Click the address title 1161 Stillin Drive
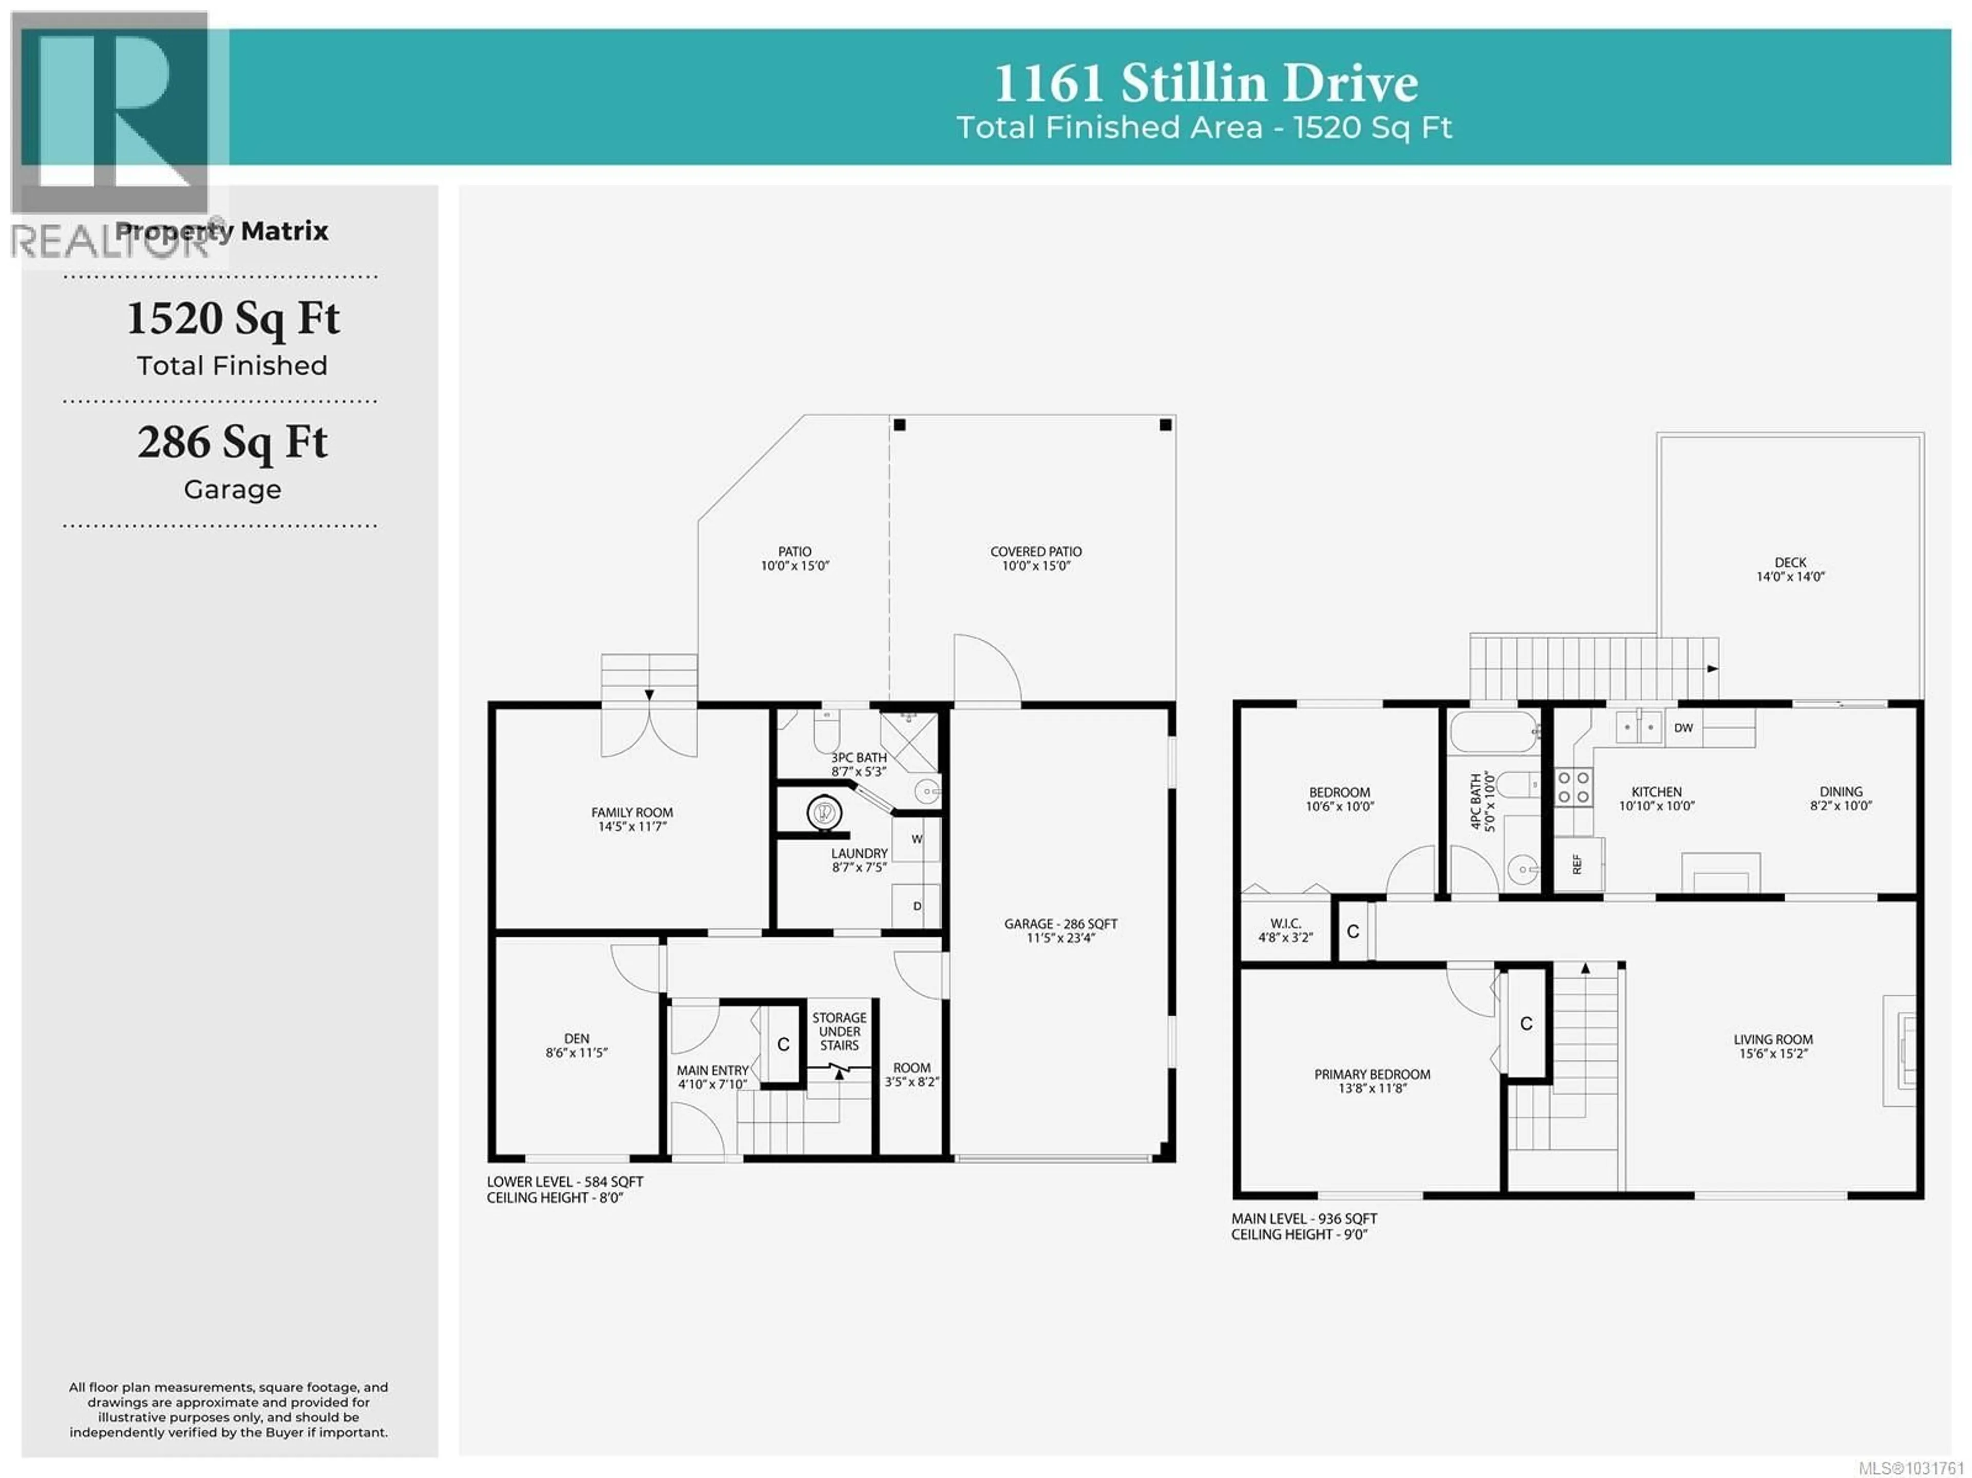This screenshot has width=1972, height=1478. (x=1205, y=84)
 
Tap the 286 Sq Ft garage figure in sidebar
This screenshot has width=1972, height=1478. (x=233, y=442)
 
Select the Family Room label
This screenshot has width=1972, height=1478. (x=632, y=818)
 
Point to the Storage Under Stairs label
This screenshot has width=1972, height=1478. (x=839, y=1031)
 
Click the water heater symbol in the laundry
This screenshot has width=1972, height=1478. (x=824, y=812)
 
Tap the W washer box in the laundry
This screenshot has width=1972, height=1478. (x=916, y=839)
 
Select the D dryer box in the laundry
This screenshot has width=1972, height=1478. (x=916, y=906)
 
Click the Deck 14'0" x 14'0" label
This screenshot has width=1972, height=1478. (x=1790, y=569)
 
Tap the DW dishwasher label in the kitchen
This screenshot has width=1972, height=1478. (x=1683, y=727)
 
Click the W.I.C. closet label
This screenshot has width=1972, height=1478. (x=1285, y=930)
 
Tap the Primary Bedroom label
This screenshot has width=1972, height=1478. (x=1372, y=1081)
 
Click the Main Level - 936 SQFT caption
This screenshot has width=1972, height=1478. (x=1303, y=1218)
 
